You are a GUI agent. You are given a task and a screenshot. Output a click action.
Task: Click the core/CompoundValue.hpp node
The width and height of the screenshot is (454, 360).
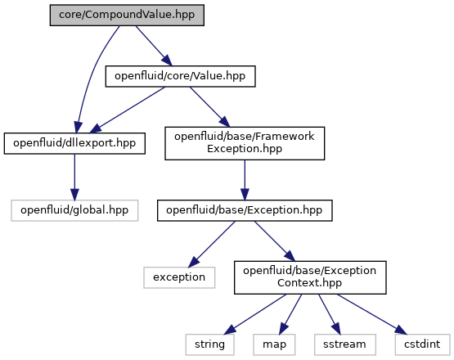[127, 15]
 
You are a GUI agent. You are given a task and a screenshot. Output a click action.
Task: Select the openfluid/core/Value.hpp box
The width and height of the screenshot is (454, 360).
[181, 76]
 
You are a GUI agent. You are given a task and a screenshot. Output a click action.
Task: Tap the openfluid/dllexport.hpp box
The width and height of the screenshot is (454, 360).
[74, 143]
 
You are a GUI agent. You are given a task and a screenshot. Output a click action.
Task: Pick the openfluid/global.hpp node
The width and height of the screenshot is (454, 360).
[74, 210]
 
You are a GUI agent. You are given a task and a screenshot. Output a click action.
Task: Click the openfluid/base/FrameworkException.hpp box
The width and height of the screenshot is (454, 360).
[245, 143]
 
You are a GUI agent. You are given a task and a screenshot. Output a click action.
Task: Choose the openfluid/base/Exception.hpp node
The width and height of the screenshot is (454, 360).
[245, 210]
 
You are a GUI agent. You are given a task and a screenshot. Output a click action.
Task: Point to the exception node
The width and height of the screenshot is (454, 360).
[179, 277]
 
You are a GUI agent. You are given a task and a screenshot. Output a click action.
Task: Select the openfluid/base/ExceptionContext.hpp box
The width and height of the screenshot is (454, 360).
[310, 277]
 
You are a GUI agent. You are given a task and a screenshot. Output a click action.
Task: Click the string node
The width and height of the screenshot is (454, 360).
[210, 344]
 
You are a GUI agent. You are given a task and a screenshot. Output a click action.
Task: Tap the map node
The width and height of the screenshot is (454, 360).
[274, 344]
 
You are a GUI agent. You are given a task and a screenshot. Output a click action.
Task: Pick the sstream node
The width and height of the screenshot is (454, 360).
[345, 344]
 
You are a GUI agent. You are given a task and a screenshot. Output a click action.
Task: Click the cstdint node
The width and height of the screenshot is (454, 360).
[422, 344]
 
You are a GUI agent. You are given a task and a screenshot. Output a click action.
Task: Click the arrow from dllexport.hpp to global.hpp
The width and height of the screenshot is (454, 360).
[74, 177]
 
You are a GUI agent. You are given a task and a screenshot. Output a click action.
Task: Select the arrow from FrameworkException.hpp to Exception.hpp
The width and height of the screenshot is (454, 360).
[245, 180]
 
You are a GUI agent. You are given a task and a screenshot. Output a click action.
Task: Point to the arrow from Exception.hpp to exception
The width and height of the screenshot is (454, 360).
[212, 244]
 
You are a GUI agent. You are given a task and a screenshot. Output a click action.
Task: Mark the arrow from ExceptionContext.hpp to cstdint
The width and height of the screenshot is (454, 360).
[372, 314]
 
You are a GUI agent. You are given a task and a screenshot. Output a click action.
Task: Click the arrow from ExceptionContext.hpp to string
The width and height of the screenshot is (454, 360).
[255, 314]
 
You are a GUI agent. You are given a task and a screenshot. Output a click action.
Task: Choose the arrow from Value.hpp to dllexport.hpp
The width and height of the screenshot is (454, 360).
[128, 110]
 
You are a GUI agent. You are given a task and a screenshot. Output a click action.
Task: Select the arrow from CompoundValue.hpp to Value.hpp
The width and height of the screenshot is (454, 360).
[154, 46]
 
